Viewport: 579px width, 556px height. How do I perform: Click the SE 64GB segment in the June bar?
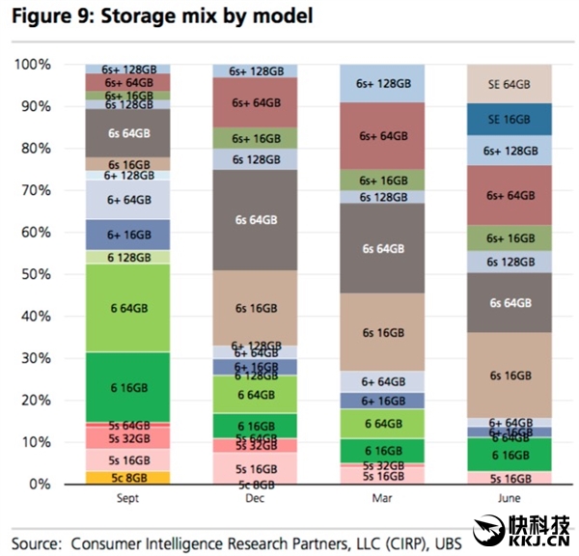tap(509, 84)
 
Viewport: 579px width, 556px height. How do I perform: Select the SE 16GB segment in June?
tap(509, 119)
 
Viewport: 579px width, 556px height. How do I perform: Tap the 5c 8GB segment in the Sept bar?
tap(127, 477)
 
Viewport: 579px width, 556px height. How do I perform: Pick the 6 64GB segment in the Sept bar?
tap(127, 307)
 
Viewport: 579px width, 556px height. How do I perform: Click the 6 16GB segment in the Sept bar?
tap(127, 386)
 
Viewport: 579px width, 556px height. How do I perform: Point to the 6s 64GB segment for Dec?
tap(256, 220)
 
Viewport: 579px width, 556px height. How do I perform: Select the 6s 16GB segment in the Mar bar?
tap(383, 332)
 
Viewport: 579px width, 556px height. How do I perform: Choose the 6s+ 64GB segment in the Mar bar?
tap(383, 136)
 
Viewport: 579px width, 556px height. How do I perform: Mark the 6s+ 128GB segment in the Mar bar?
tap(383, 84)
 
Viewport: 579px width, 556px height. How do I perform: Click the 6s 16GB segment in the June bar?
tap(509, 375)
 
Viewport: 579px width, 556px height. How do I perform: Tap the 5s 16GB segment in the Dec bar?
tap(256, 467)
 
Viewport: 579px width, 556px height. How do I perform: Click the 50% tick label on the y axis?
tap(36, 274)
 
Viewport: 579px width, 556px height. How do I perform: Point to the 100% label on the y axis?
tap(32, 65)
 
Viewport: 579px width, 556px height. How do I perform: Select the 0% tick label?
tap(40, 484)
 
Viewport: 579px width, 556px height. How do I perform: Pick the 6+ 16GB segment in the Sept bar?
tap(127, 235)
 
